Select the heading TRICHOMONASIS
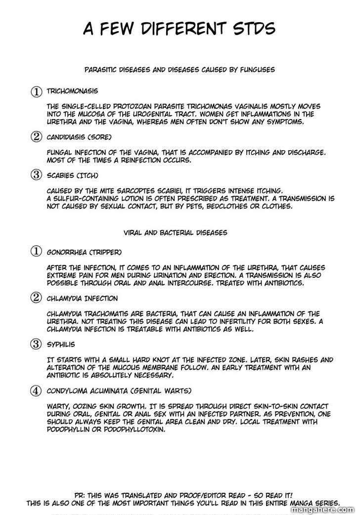tap(72, 91)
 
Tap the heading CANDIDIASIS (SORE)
tap(79, 137)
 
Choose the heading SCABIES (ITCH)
tap(73, 175)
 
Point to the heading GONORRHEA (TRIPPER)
tap(84, 252)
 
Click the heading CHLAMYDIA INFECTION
tap(82, 298)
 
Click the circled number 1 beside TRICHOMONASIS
tap(36, 91)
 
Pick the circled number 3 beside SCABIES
tap(36, 175)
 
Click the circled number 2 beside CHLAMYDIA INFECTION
tap(36, 298)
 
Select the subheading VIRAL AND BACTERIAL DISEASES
tap(176, 231)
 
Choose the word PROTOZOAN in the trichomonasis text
tap(148, 106)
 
